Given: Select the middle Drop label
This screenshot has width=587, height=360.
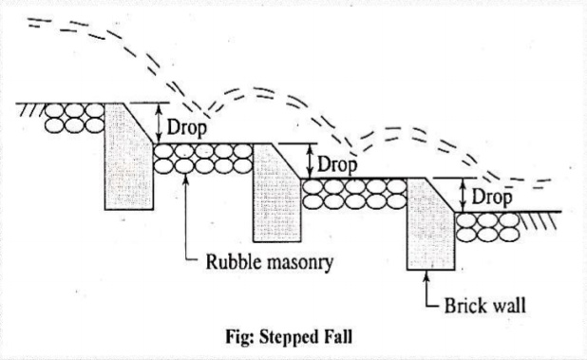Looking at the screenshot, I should pyautogui.click(x=337, y=163).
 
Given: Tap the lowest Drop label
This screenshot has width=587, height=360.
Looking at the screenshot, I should pyautogui.click(x=493, y=198).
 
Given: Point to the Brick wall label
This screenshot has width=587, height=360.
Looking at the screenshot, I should pyautogui.click(x=485, y=307).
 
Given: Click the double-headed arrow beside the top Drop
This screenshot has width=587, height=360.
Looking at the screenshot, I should pyautogui.click(x=160, y=122).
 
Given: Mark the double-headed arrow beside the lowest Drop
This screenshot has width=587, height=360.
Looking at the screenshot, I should pyautogui.click(x=462, y=195).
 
